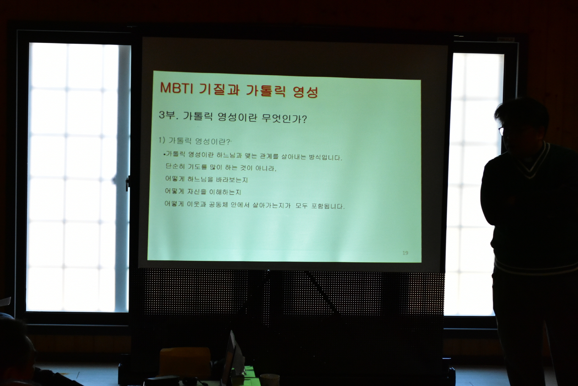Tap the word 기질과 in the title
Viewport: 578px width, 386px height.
coord(219,89)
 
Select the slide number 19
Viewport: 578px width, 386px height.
coord(405,253)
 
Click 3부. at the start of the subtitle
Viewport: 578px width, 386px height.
coord(168,116)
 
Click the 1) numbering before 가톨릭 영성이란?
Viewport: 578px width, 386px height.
coord(162,140)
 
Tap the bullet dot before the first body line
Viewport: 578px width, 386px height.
coord(164,155)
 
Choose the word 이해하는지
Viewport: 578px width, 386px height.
coord(225,192)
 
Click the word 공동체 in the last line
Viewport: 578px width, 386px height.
coord(218,204)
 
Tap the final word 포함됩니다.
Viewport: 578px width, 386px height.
coord(328,206)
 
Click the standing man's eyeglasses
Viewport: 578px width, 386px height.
coord(501,131)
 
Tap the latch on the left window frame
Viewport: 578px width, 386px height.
coord(127,182)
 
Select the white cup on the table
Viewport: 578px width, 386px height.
coord(269,380)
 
